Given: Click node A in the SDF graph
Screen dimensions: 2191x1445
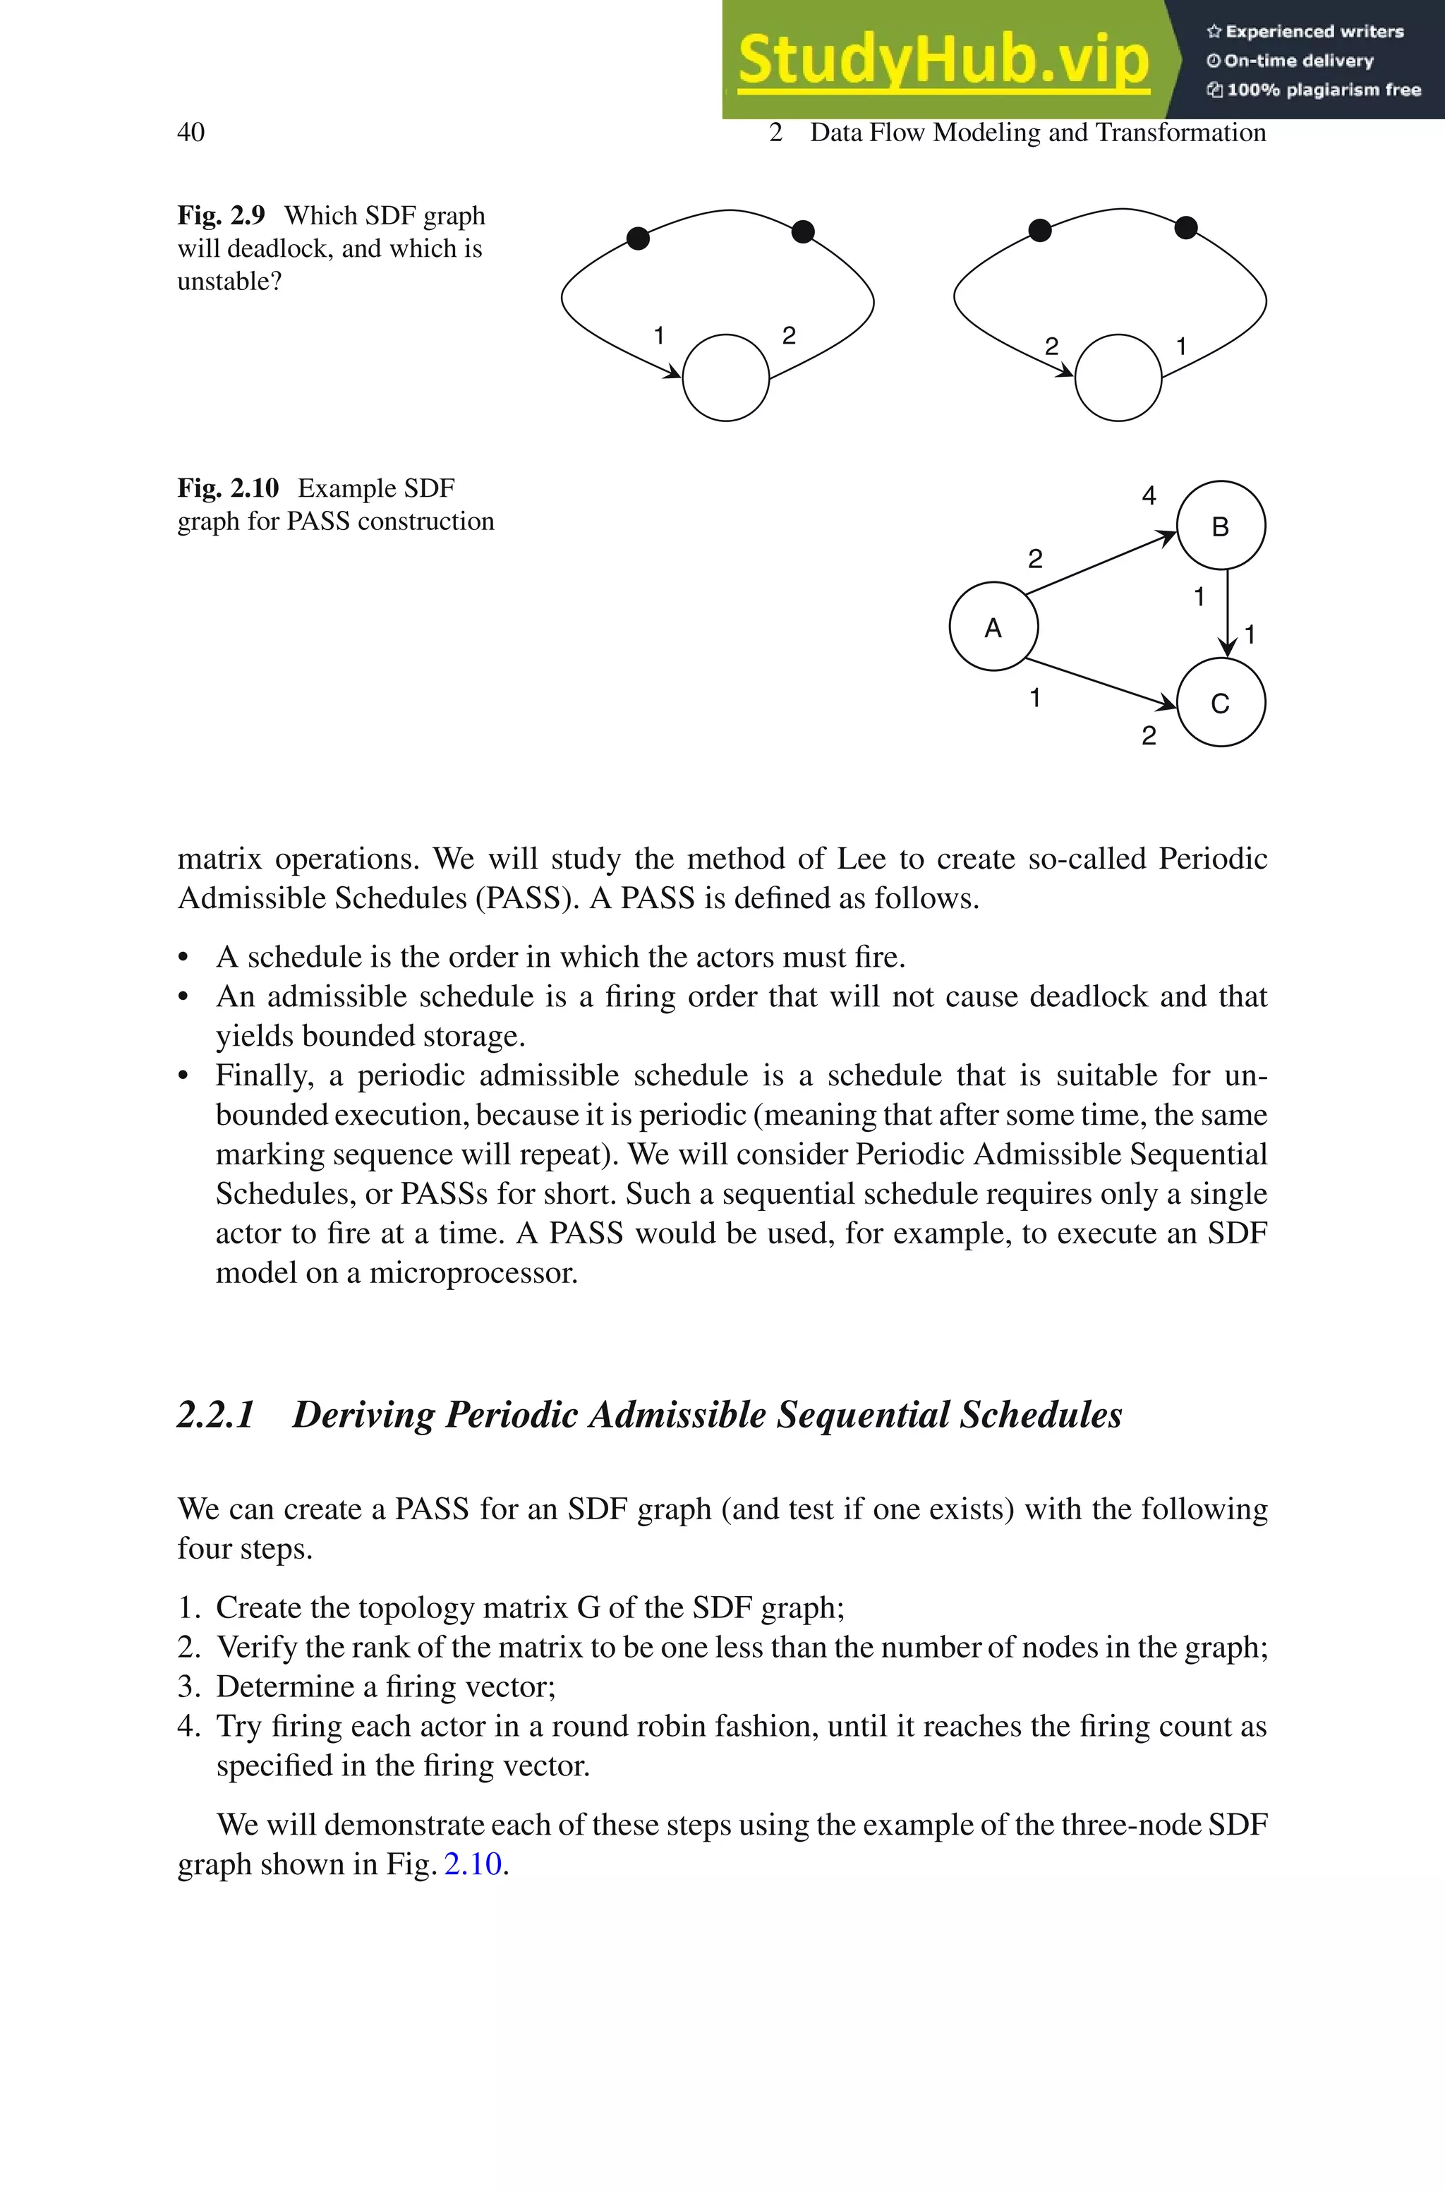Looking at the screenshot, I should tap(993, 627).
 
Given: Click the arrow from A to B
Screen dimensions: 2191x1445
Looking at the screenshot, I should tap(1101, 564).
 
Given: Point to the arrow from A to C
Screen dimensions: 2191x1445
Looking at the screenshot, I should tap(1101, 683).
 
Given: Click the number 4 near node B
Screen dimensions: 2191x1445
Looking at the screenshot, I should tap(1148, 495).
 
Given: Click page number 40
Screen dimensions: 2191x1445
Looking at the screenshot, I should tap(191, 133).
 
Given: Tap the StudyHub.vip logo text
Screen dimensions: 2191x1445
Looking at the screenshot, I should tap(943, 60).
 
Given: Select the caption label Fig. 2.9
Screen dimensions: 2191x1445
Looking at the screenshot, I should tap(221, 216).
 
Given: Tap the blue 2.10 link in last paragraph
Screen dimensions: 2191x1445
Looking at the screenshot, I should tap(473, 1863).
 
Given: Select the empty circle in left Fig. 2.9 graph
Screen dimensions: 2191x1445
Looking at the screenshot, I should tap(726, 378).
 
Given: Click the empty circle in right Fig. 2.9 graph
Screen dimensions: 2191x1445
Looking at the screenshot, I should tap(1118, 378).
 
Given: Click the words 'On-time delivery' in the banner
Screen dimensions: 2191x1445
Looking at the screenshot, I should tap(1298, 61).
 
